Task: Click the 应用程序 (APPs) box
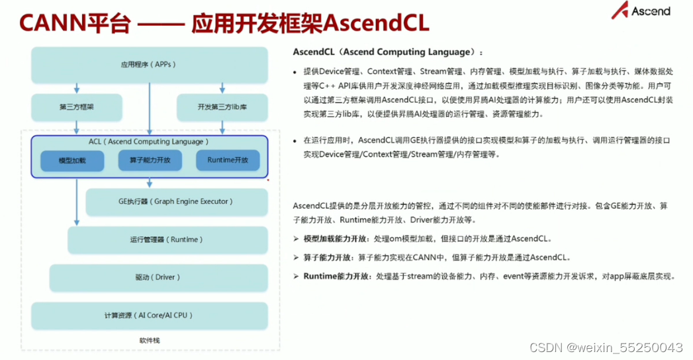click(149, 65)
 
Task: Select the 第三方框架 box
click(76, 107)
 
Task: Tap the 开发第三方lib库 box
click(222, 107)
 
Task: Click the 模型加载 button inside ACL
click(72, 161)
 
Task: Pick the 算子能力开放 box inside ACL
click(150, 161)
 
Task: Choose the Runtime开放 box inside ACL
click(228, 161)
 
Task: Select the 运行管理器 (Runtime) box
click(167, 240)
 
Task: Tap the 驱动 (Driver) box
click(158, 277)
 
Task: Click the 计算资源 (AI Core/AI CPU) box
click(149, 316)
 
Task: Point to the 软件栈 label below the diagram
click(150, 340)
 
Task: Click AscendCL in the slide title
click(375, 24)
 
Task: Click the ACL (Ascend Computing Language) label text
click(149, 142)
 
